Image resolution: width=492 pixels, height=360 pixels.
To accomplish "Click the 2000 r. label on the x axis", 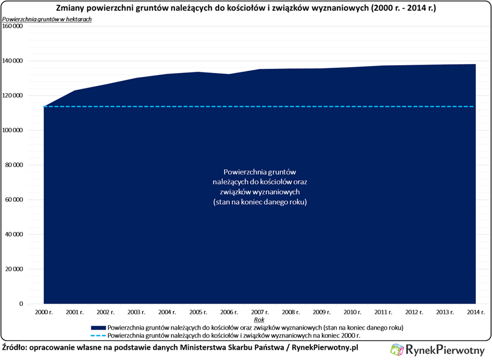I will point(44,312).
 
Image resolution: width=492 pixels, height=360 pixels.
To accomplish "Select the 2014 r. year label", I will point(475,312).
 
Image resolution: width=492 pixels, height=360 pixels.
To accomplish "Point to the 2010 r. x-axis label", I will point(352,312).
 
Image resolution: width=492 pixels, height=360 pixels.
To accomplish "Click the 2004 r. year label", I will point(167,312).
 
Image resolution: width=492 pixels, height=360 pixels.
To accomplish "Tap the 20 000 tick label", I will point(14,269).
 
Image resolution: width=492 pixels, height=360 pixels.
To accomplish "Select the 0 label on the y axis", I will point(21,304).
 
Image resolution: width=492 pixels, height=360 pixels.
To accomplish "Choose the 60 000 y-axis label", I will point(14,200).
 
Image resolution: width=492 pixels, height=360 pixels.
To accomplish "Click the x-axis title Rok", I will point(259,319).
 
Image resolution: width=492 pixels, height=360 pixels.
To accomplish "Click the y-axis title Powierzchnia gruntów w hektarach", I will point(47,19).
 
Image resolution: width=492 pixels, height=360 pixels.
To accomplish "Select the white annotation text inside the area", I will point(260,187).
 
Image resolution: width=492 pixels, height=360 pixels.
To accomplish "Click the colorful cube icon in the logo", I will point(397,350).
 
